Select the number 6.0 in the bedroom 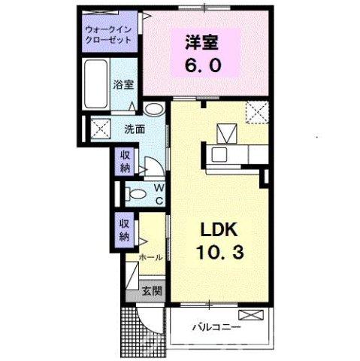(203, 65)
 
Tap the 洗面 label (135, 129)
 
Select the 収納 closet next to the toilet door (125, 161)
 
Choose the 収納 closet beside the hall (125, 228)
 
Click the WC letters (159, 195)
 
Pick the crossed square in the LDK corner (259, 113)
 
